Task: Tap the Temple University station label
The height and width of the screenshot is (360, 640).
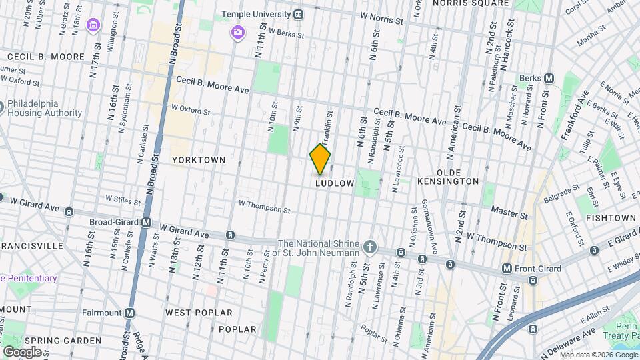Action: tap(257, 13)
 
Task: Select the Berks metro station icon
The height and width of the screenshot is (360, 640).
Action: tap(549, 78)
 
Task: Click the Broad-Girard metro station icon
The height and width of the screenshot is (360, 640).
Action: tap(146, 222)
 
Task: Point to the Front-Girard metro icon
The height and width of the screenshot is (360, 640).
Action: tap(507, 269)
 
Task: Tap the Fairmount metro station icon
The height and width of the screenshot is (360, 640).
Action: tap(130, 313)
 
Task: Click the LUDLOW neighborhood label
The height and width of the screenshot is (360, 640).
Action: tap(334, 183)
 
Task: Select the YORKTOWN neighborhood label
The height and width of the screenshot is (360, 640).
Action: tap(199, 161)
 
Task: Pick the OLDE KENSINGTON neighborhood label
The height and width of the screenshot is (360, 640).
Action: tap(448, 181)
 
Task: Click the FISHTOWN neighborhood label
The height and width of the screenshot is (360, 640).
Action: tap(611, 218)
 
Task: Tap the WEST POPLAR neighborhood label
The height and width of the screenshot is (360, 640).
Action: tap(199, 313)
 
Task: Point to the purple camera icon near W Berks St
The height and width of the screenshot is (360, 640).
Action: tap(237, 32)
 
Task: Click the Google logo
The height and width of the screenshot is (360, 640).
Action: tap(22, 351)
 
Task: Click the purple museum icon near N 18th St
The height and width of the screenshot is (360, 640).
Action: tap(93, 26)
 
